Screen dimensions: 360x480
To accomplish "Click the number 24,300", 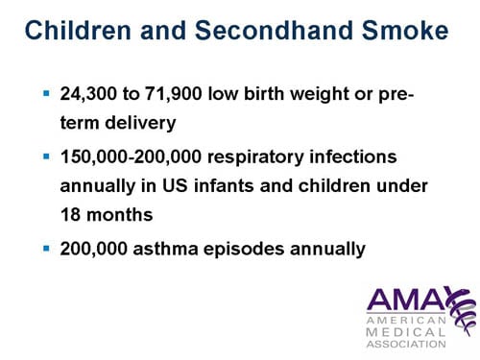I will coord(94,97).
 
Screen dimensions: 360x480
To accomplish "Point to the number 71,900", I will coord(186,97).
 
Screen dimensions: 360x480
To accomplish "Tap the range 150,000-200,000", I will coord(144,155).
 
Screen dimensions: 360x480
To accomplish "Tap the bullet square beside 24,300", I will coord(46,96).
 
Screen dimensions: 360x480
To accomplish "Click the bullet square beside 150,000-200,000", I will coord(46,154).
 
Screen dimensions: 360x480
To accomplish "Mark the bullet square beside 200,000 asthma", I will coord(46,248).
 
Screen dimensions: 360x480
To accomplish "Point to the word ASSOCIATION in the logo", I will coord(406,343).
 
